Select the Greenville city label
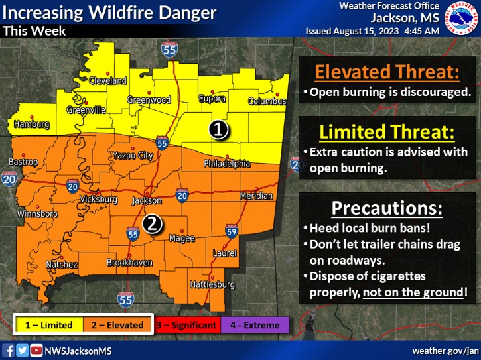click(86, 110)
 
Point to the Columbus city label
click(267, 101)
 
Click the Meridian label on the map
click(255, 196)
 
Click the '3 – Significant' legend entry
click(186, 325)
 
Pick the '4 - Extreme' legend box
click(255, 325)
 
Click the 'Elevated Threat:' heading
click(387, 72)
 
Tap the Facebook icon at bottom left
click(9, 350)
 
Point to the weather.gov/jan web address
click(445, 350)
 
